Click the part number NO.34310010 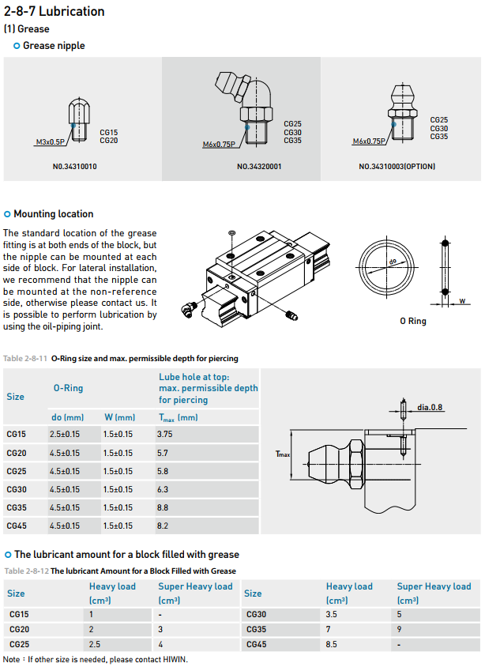click(x=75, y=167)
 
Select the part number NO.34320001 click(x=259, y=167)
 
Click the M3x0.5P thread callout click(x=51, y=143)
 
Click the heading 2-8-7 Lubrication click(x=54, y=11)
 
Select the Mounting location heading click(x=53, y=214)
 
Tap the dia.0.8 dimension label click(x=430, y=407)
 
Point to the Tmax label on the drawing click(x=282, y=454)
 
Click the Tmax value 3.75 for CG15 click(x=165, y=434)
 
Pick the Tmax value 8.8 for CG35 click(x=164, y=507)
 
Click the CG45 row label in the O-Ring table click(x=17, y=526)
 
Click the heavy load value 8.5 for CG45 click(x=333, y=644)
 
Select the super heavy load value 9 click(x=399, y=629)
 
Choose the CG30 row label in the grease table click(x=256, y=614)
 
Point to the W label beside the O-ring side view click(x=461, y=300)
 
